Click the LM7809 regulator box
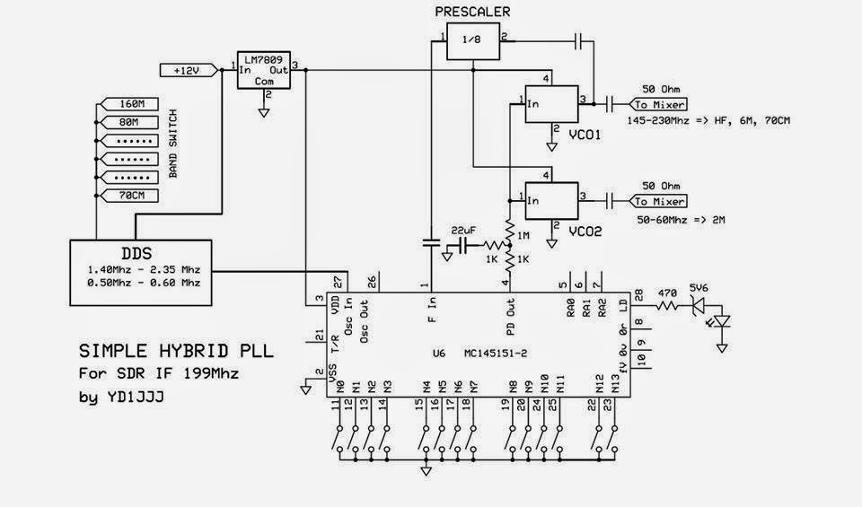262,68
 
